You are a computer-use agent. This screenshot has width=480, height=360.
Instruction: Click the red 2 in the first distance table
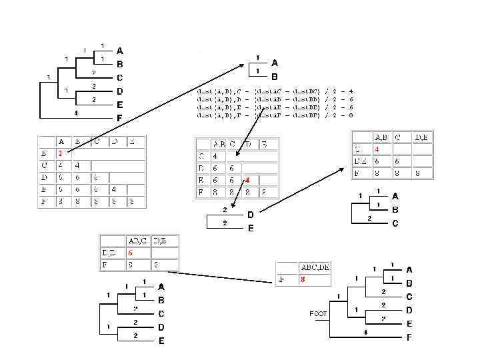pyautogui.click(x=59, y=153)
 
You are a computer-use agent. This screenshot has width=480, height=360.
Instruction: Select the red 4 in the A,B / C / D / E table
pyautogui.click(x=247, y=180)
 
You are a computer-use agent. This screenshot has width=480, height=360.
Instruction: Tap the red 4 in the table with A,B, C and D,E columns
pyautogui.click(x=377, y=149)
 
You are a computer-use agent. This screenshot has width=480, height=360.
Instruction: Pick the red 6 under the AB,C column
pyautogui.click(x=131, y=253)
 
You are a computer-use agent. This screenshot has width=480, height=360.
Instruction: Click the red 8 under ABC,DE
pyautogui.click(x=303, y=280)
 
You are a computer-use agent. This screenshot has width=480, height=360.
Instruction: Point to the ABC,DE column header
pyautogui.click(x=315, y=267)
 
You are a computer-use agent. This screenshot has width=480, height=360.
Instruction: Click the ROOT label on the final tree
pyautogui.click(x=318, y=313)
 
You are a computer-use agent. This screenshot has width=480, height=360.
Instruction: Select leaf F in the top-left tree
pyautogui.click(x=120, y=118)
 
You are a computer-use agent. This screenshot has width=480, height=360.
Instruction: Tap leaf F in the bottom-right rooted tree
pyautogui.click(x=409, y=338)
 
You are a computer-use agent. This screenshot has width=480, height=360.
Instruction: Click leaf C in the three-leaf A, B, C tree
pyautogui.click(x=395, y=224)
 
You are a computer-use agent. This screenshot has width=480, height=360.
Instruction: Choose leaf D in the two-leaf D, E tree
pyautogui.click(x=251, y=215)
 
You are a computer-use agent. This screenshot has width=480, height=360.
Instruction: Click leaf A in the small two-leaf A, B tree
pyautogui.click(x=275, y=63)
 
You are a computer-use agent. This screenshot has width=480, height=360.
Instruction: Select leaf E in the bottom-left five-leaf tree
pyautogui.click(x=161, y=341)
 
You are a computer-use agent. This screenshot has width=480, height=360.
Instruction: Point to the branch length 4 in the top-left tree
pyautogui.click(x=76, y=113)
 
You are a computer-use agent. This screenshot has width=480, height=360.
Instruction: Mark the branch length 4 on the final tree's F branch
pyautogui.click(x=366, y=332)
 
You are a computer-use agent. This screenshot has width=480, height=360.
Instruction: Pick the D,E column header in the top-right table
pyautogui.click(x=421, y=137)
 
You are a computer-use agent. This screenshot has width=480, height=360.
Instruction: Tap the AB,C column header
pyautogui.click(x=133, y=241)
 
